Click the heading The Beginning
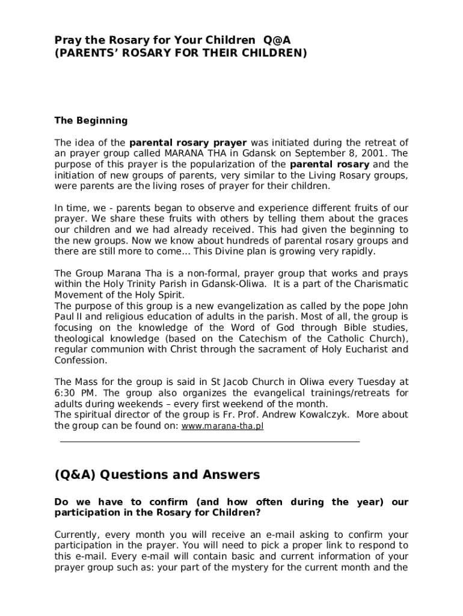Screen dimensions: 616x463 [x=91, y=120]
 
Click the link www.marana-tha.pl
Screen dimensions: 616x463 [x=222, y=426]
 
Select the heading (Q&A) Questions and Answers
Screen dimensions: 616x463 [x=157, y=475]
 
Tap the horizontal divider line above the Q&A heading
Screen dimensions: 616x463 [x=210, y=442]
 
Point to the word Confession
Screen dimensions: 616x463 [x=81, y=360]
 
